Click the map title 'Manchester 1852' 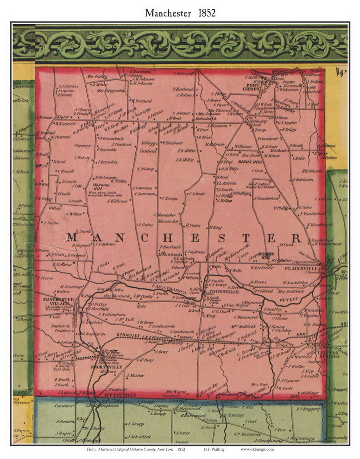[x=180, y=13]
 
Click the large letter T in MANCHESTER [x=246, y=238]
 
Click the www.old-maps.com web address [x=257, y=449]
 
